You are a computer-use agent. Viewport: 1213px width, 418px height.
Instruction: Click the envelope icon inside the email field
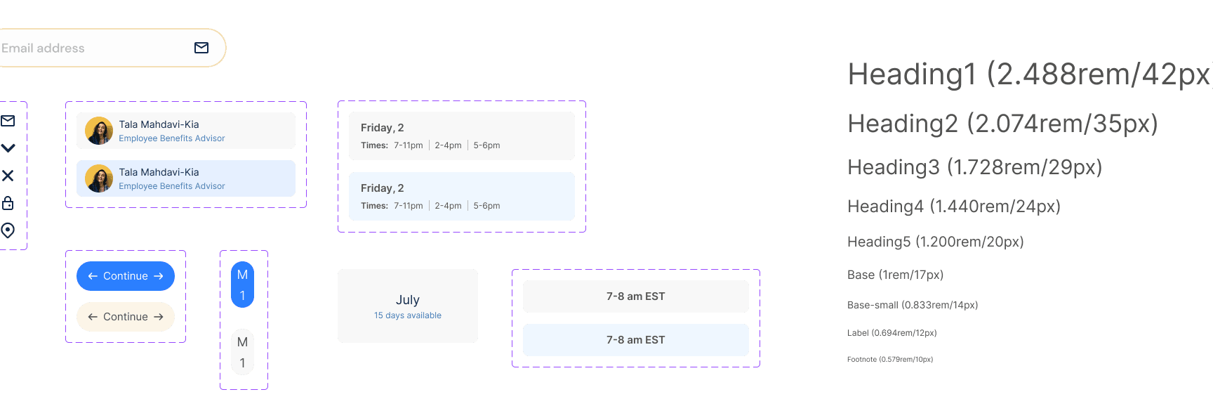(x=201, y=48)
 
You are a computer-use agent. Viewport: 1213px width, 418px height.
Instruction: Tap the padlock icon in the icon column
(x=8, y=203)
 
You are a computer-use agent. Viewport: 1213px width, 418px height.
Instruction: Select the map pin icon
(x=8, y=230)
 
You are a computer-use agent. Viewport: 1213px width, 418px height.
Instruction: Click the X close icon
(x=8, y=176)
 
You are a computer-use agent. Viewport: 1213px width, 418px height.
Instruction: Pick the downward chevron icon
(x=8, y=148)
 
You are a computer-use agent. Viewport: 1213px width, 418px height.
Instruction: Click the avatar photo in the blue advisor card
(x=99, y=178)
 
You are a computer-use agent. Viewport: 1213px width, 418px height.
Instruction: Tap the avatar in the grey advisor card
(x=99, y=131)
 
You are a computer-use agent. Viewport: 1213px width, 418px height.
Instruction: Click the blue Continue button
(x=126, y=276)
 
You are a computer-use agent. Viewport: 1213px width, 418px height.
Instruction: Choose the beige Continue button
(x=126, y=317)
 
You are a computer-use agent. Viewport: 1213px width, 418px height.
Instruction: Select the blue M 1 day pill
(x=242, y=285)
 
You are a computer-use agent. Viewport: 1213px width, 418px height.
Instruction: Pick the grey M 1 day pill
(x=242, y=352)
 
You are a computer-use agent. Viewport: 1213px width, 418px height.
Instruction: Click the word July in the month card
(x=408, y=300)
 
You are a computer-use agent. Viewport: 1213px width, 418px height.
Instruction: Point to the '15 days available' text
(x=408, y=315)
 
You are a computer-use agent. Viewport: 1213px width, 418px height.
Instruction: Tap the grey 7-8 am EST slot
(x=636, y=296)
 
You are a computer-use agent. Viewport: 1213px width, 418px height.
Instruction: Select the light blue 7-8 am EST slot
(x=636, y=340)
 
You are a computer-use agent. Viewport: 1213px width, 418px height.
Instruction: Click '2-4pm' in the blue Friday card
(x=448, y=206)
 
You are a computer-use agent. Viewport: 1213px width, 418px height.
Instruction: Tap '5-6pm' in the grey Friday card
(x=486, y=145)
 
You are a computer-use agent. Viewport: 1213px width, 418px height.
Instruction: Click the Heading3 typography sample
(x=975, y=167)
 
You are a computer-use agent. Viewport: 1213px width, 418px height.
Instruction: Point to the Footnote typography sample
(x=890, y=359)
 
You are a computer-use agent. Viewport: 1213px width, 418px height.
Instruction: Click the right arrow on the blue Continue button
(x=159, y=276)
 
